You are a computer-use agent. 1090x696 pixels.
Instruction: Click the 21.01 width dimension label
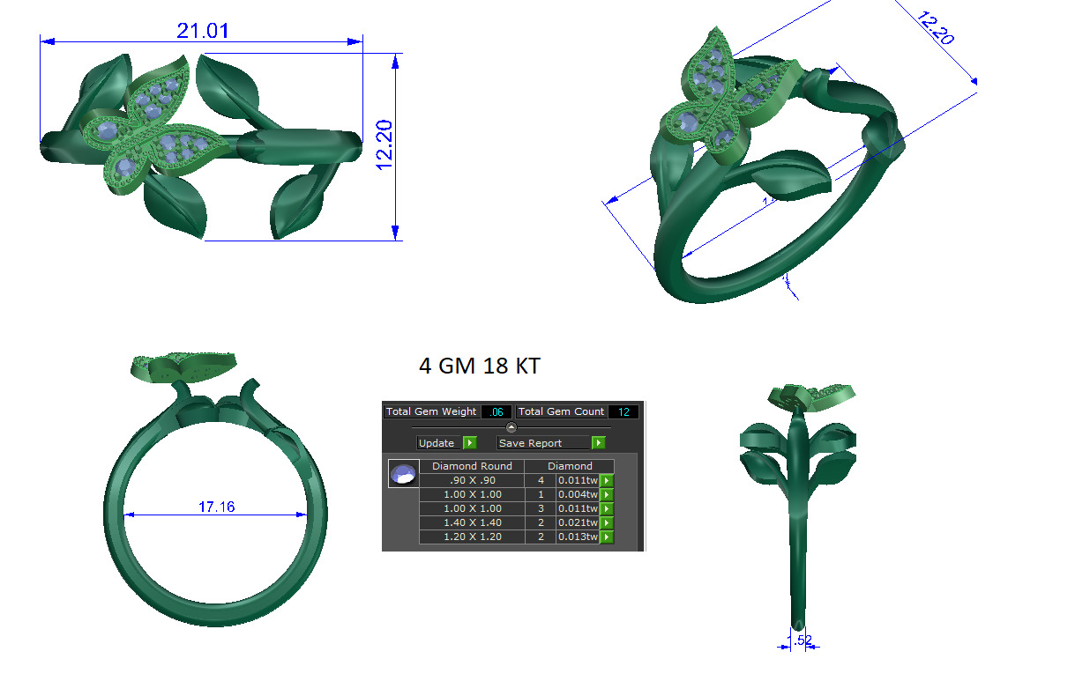[x=203, y=31]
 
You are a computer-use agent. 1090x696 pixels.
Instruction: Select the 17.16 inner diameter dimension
[x=216, y=507]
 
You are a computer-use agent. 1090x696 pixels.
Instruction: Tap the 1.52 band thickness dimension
[x=799, y=640]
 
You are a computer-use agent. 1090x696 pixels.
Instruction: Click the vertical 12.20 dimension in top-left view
[x=384, y=145]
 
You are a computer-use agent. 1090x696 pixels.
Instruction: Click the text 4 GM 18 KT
[x=479, y=366]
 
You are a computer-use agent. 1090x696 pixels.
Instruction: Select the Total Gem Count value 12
[x=623, y=411]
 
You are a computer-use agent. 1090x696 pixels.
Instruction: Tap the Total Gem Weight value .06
[x=496, y=411]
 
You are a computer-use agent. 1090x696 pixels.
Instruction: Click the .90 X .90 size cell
[x=472, y=480]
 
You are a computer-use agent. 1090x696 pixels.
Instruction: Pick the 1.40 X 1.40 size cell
[x=472, y=522]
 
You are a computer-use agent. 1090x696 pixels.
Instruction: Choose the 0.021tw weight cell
[x=578, y=522]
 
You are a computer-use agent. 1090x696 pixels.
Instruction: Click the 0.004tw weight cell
[x=578, y=494]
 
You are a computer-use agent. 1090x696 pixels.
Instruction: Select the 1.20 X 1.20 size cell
[x=472, y=537]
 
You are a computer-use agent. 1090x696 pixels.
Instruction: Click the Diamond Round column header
[x=472, y=466]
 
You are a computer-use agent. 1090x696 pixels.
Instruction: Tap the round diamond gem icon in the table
[x=403, y=474]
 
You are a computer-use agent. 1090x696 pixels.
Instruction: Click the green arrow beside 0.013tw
[x=607, y=537]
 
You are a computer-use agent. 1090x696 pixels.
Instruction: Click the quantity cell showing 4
[x=541, y=480]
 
